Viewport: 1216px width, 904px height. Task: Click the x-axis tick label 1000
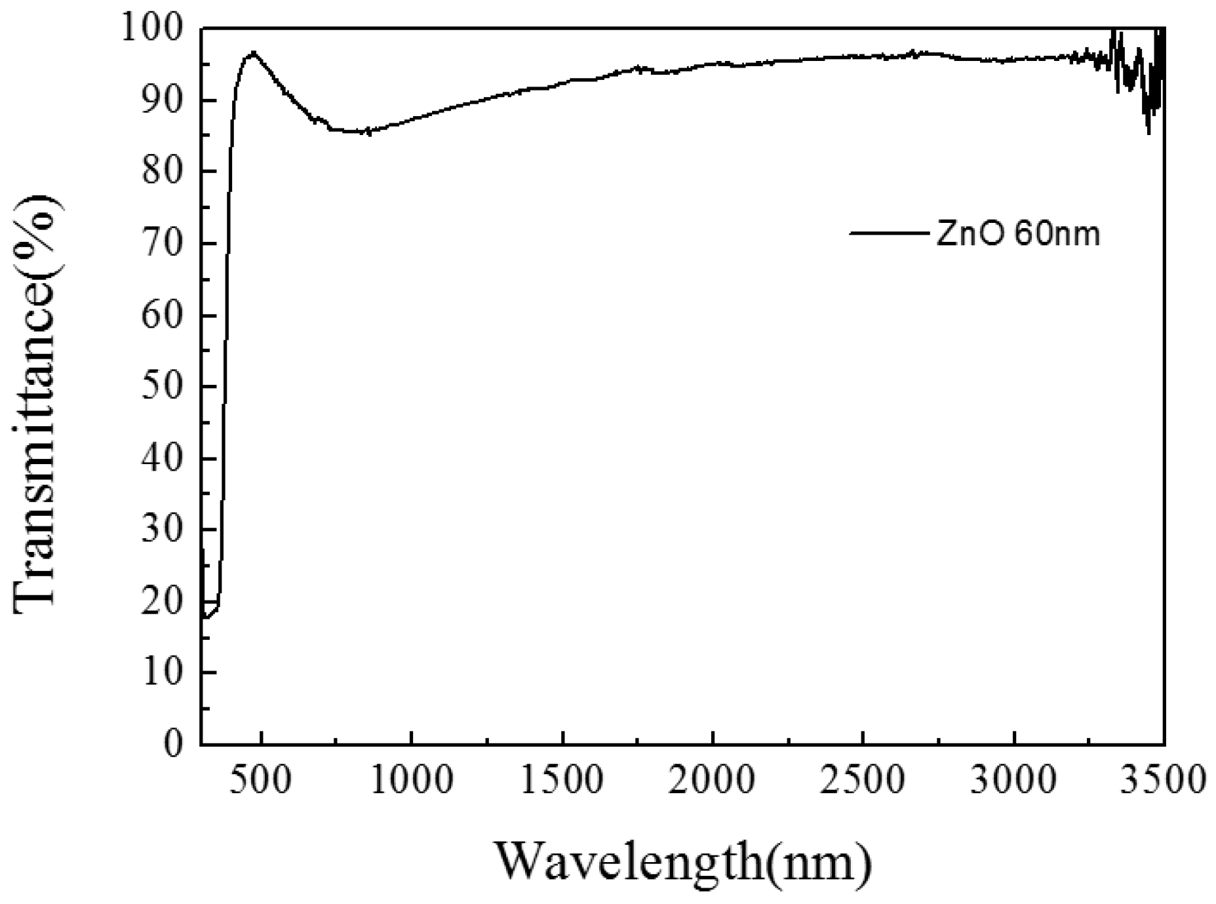(411, 781)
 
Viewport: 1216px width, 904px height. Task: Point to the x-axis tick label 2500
(863, 781)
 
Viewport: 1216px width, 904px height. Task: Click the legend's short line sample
(889, 233)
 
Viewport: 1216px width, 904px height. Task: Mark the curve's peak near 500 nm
(253, 52)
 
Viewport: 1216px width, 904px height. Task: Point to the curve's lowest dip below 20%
(206, 617)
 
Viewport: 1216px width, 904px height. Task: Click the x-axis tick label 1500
(562, 781)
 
